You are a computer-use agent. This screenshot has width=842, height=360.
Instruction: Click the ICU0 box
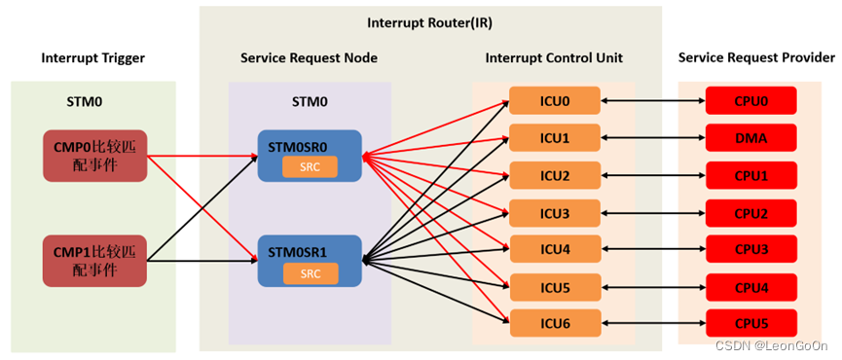554,100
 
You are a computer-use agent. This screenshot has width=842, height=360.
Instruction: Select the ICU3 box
554,212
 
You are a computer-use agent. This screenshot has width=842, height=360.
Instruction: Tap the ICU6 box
554,323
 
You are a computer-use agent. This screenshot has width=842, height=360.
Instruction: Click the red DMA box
750,138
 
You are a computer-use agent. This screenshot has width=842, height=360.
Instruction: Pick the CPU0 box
750,100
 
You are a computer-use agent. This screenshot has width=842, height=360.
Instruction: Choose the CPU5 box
750,323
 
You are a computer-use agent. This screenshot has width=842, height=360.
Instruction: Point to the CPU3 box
750,249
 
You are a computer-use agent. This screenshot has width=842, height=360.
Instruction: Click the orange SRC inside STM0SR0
310,166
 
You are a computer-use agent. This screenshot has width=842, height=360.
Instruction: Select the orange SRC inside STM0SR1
310,273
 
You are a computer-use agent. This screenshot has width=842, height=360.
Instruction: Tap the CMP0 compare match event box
93,155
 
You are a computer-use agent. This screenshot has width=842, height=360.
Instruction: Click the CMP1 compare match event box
93,262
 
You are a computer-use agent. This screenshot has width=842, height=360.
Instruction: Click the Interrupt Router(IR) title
429,21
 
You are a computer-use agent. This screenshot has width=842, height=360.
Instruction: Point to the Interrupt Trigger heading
92,58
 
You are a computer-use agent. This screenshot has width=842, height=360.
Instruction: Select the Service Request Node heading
309,58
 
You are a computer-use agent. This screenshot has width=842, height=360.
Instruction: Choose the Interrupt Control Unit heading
553,58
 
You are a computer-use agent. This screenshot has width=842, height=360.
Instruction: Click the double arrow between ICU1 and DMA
652,138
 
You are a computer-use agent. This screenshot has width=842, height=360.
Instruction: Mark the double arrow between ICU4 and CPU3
652,249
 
